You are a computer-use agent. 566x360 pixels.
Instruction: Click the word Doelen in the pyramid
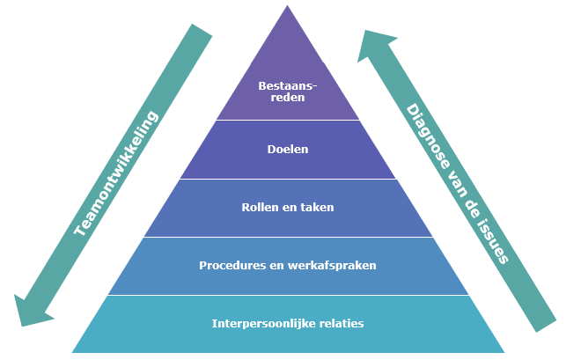288,150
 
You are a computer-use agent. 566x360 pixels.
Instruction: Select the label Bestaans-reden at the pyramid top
288,92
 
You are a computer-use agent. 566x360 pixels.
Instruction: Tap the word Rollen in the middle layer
261,208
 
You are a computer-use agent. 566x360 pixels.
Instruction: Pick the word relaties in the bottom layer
340,323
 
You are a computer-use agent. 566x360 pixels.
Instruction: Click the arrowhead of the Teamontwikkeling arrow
30,310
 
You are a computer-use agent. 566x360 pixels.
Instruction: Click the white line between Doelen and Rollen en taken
288,179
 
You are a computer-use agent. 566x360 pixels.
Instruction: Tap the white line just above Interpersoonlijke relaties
288,295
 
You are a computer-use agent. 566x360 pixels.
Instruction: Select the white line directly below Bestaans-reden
288,120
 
